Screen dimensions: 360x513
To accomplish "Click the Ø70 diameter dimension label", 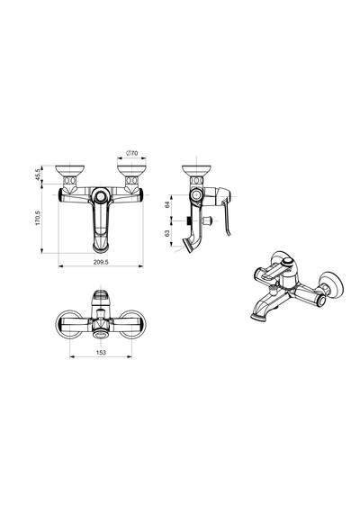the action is coord(132,153).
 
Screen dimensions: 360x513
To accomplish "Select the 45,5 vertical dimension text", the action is coord(38,175).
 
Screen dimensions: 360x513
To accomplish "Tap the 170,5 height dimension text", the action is coord(38,218).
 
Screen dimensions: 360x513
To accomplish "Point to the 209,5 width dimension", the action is coord(101,262).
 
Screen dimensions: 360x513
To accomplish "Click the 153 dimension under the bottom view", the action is coord(101,352).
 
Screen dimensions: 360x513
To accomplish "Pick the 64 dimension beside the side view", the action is coord(167,205).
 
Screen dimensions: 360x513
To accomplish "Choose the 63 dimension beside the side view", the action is coord(167,233).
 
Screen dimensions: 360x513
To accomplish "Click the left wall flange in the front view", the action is coord(69,171).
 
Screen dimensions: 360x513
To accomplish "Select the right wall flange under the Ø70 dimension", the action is coord(132,171).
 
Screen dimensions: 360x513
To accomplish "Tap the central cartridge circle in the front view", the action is coord(101,196).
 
